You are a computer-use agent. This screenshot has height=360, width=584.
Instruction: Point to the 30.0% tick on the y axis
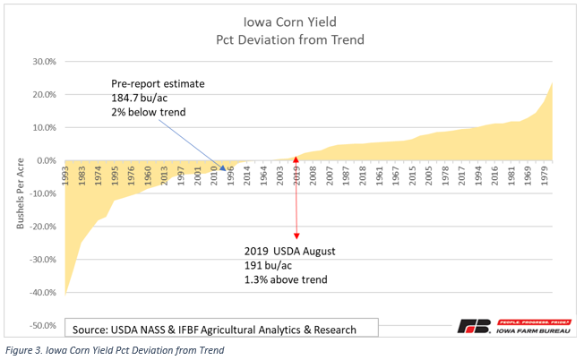click(x=44, y=62)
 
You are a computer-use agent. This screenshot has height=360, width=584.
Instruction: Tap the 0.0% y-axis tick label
click(x=46, y=161)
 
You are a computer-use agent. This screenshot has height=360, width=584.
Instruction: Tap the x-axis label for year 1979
click(x=548, y=176)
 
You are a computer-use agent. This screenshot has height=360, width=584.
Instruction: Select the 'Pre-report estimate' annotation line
click(x=158, y=83)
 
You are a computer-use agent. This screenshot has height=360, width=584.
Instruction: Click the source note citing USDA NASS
click(x=215, y=330)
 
